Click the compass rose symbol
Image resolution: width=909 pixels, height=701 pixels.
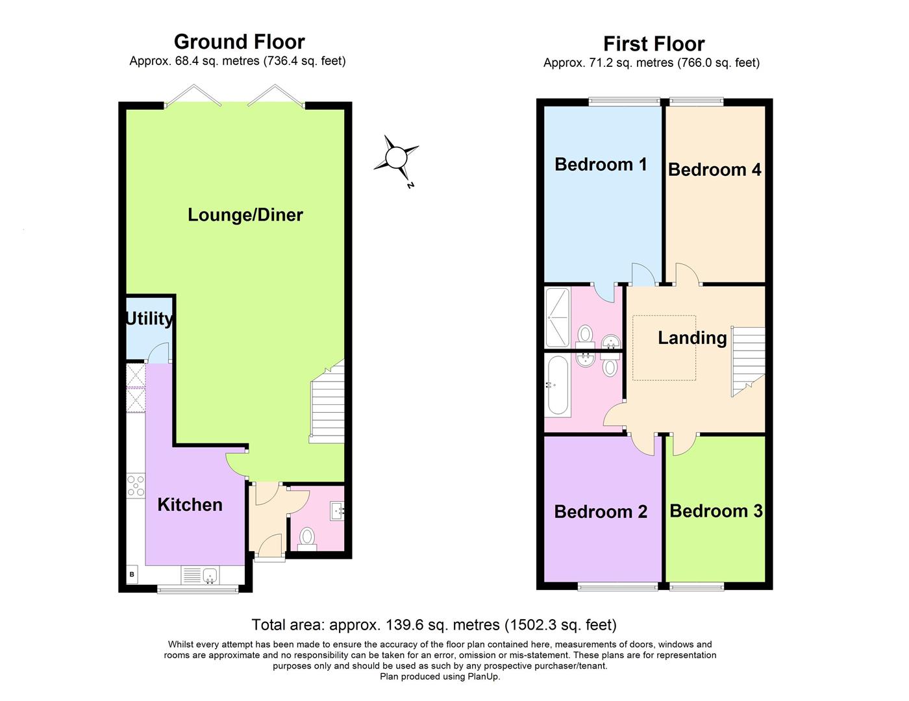coord(395,158)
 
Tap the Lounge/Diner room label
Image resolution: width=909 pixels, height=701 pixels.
coord(245,215)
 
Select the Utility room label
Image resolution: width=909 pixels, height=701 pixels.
coord(149,319)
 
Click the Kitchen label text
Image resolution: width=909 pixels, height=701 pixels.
coord(190,505)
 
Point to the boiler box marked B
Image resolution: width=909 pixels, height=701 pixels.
coord(132,574)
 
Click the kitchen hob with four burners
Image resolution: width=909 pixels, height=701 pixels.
coord(136,486)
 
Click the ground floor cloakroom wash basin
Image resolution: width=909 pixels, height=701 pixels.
coord(337,511)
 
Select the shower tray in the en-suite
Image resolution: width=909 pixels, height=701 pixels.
coord(557,317)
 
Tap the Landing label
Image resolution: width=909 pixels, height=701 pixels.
coord(692,338)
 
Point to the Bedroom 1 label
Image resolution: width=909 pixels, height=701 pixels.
coord(601,164)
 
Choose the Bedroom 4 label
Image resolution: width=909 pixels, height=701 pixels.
coord(714,169)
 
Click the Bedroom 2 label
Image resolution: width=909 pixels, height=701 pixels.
coord(601,511)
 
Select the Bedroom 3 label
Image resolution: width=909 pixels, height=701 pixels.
coord(716,511)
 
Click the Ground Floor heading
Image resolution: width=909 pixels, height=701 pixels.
coord(239,42)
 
